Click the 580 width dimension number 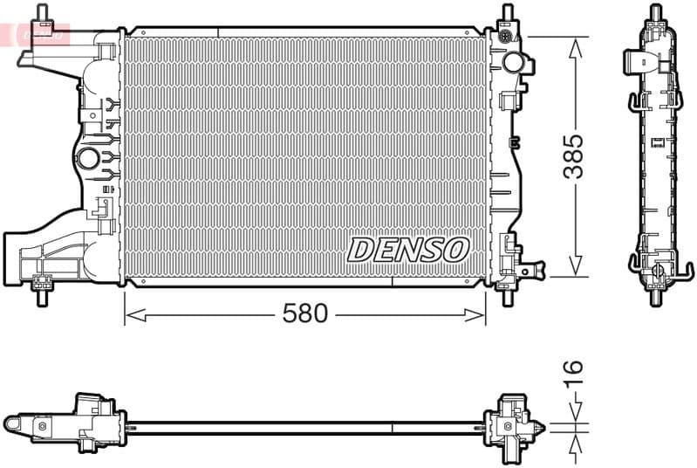tap(304, 314)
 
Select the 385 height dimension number tap(573, 156)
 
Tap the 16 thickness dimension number tap(572, 373)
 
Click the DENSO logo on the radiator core tap(407, 249)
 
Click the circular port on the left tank tap(89, 159)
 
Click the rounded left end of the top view tap(11, 423)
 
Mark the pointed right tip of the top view tap(546, 427)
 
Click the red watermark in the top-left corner tap(35, 33)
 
